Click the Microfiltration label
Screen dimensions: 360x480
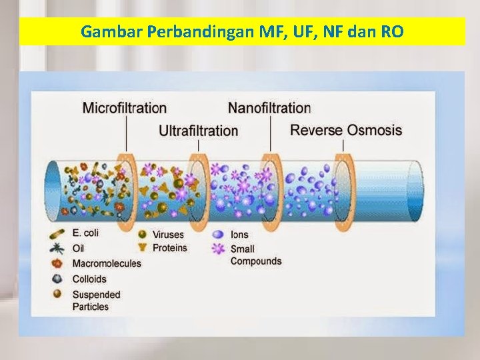[x=125, y=108]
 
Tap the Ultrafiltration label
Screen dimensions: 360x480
[x=198, y=131]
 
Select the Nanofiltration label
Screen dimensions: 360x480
[x=269, y=108]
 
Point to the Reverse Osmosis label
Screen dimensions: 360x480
[x=346, y=129]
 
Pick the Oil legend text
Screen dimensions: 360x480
[x=78, y=248]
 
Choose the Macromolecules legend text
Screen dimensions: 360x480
[x=107, y=263]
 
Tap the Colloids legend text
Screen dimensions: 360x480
[x=89, y=279]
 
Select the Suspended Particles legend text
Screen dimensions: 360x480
[x=96, y=301]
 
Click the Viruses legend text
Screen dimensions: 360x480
[x=168, y=234]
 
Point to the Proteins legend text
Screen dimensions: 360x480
[x=170, y=248]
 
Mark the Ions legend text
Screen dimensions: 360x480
[x=239, y=235]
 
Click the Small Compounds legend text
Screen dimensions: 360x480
[x=256, y=255]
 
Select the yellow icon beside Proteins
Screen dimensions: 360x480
[x=141, y=248]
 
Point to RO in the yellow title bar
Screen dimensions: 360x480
[x=391, y=31]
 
